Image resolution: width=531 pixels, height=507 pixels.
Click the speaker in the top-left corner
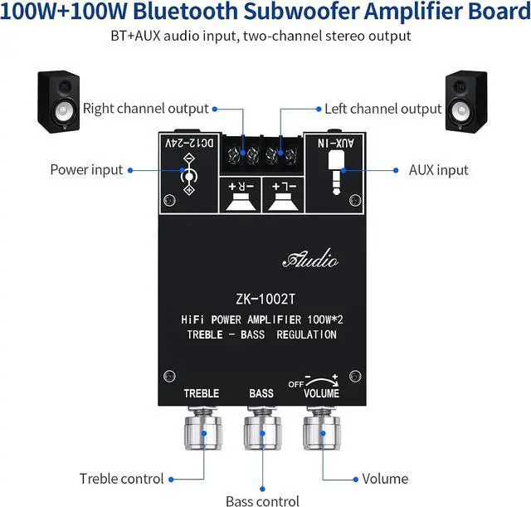pyautogui.click(x=59, y=100)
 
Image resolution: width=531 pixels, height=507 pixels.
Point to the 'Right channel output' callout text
pyautogui.click(x=146, y=109)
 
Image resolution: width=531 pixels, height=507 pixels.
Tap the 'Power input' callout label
pyautogui.click(x=86, y=169)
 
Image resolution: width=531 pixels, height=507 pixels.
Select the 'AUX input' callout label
pyautogui.click(x=438, y=169)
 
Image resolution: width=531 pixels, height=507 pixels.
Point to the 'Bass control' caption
pyautogui.click(x=261, y=500)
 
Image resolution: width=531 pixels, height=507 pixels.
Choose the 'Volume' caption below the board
pyautogui.click(x=385, y=478)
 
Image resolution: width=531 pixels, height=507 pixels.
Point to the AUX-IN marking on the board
pyautogui.click(x=339, y=142)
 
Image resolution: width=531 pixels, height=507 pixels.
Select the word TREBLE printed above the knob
pyautogui.click(x=201, y=392)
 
